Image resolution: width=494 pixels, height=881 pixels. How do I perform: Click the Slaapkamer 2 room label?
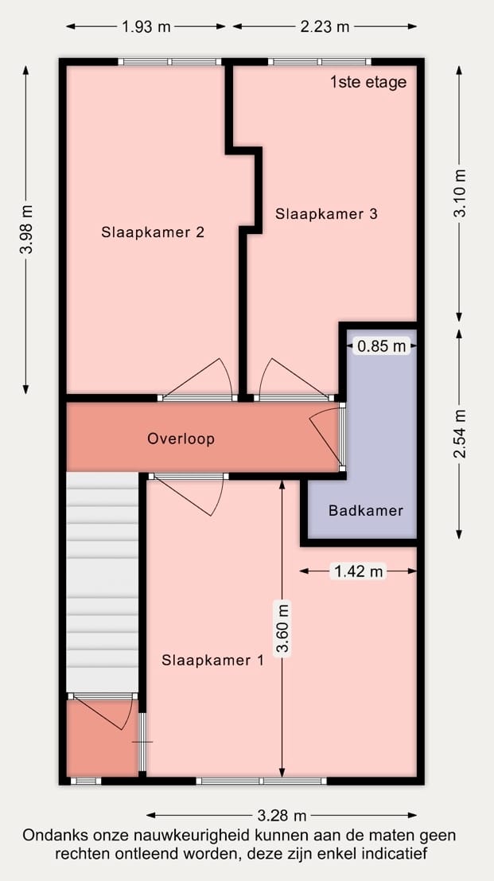click(153, 232)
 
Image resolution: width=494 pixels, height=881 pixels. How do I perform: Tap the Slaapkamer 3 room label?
click(326, 213)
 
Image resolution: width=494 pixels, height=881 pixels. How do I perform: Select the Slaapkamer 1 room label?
click(212, 661)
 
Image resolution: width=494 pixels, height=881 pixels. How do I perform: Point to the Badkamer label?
click(366, 511)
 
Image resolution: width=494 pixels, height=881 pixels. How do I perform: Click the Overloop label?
click(181, 439)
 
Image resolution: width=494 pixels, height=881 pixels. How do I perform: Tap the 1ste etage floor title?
click(368, 82)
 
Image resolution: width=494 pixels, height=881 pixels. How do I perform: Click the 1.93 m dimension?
click(146, 26)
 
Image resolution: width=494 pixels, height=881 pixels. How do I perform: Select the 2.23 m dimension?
click(325, 26)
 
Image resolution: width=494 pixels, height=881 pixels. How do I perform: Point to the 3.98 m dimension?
click(25, 229)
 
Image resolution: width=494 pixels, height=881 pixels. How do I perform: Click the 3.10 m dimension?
click(460, 193)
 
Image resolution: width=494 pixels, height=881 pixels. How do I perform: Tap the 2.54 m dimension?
click(460, 433)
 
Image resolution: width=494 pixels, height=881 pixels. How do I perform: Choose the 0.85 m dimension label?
click(382, 346)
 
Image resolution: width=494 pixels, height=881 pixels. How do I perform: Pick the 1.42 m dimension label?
click(359, 571)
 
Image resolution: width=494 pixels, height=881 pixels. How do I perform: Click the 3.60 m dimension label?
click(282, 628)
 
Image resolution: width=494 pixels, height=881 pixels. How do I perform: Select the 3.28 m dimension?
click(282, 815)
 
